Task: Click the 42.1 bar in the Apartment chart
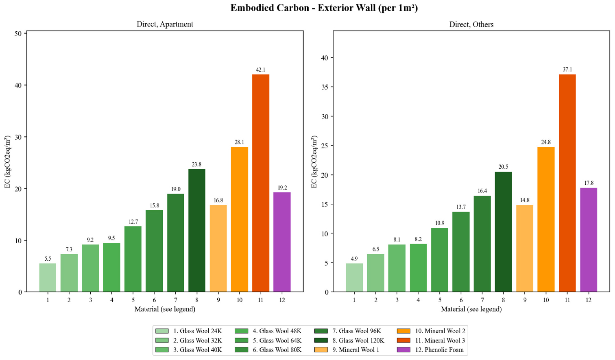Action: coord(261,183)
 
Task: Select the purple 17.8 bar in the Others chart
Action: coord(589,240)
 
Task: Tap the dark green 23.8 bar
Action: coord(197,230)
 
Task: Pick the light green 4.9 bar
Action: coord(354,277)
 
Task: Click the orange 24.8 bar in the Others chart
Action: coord(546,220)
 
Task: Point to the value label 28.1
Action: coord(239,142)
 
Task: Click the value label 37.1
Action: coord(567,70)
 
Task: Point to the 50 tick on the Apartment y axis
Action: coord(18,33)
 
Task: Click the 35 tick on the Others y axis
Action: coord(324,87)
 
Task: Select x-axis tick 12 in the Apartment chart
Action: coord(282,300)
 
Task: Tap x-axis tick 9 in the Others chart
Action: coord(525,300)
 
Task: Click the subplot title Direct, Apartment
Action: coord(165,24)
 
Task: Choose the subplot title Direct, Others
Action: coord(471,24)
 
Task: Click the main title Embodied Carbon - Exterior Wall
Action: coord(324,8)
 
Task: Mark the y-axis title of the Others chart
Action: coord(314,162)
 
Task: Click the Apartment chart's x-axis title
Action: coord(165,309)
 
